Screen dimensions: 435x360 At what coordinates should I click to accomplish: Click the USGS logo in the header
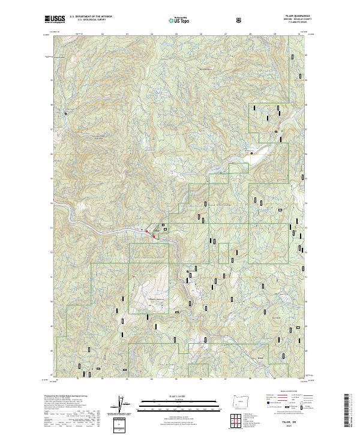click(x=55, y=19)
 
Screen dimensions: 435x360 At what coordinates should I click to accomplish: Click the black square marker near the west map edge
click(x=62, y=112)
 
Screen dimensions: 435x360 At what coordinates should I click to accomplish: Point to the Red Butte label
click(x=277, y=317)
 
